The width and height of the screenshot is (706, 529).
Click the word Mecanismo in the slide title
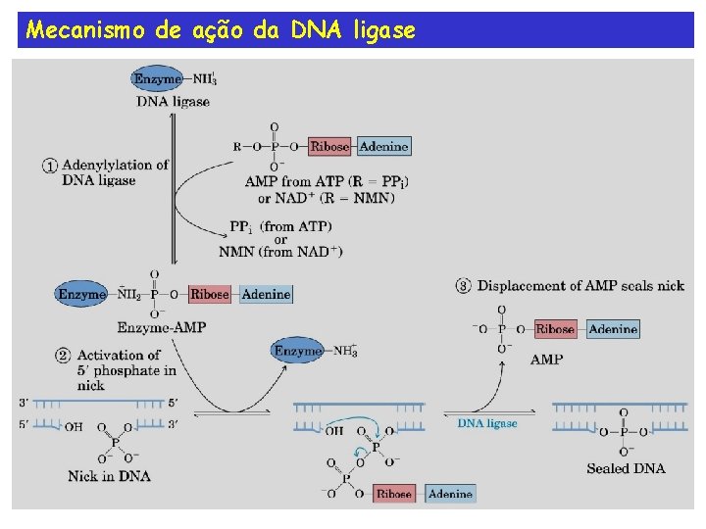(85, 30)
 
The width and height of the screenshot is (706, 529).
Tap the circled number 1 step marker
(50, 166)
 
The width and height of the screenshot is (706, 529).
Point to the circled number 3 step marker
(464, 286)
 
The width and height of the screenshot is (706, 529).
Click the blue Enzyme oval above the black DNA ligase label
(158, 79)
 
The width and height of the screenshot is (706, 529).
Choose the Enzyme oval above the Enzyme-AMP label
(83, 294)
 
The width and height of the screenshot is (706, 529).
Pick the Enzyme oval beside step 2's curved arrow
(297, 351)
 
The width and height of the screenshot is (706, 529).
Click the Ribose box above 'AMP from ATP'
(329, 147)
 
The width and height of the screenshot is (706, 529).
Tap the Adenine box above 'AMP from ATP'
(383, 147)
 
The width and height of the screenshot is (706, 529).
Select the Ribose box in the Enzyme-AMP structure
(210, 294)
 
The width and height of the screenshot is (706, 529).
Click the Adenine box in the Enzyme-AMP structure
(265, 294)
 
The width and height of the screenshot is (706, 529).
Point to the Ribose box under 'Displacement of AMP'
(555, 329)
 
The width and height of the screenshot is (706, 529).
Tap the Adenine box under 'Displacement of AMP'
(613, 329)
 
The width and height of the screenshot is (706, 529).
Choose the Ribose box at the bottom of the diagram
(394, 494)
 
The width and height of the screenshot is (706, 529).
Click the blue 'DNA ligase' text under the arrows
(487, 423)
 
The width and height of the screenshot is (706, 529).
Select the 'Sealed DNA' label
(626, 468)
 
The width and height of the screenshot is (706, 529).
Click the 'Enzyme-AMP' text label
(161, 327)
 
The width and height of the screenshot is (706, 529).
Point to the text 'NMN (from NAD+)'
(280, 253)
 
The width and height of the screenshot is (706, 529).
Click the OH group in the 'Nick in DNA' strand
(74, 426)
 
